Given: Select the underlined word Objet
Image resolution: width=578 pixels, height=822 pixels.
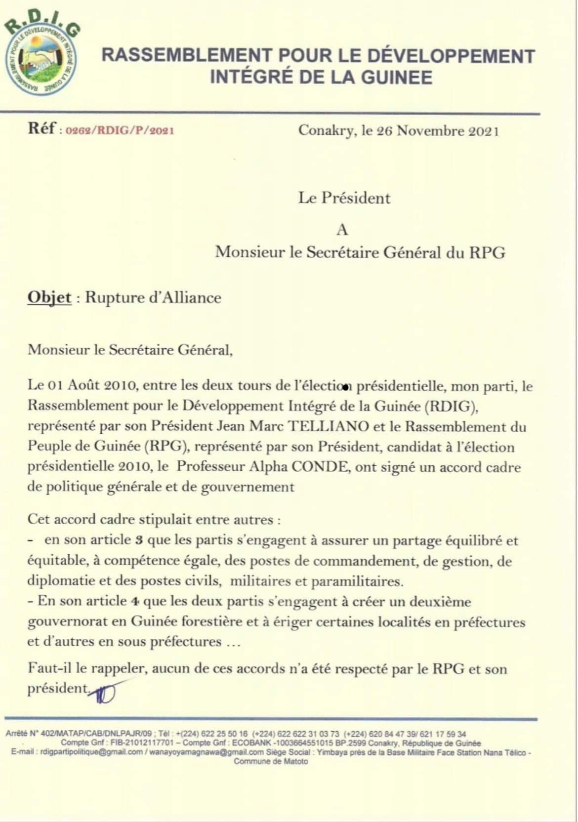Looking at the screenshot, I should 49,297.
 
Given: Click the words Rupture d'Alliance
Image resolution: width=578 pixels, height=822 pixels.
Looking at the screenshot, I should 153,297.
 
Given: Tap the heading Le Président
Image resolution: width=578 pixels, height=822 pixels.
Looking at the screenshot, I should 344,198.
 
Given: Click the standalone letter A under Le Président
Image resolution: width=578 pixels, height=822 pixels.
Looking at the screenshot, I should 342,230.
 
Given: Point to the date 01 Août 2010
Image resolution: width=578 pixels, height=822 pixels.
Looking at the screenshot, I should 81,385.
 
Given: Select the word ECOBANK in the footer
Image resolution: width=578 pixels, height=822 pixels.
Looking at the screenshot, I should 251,743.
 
